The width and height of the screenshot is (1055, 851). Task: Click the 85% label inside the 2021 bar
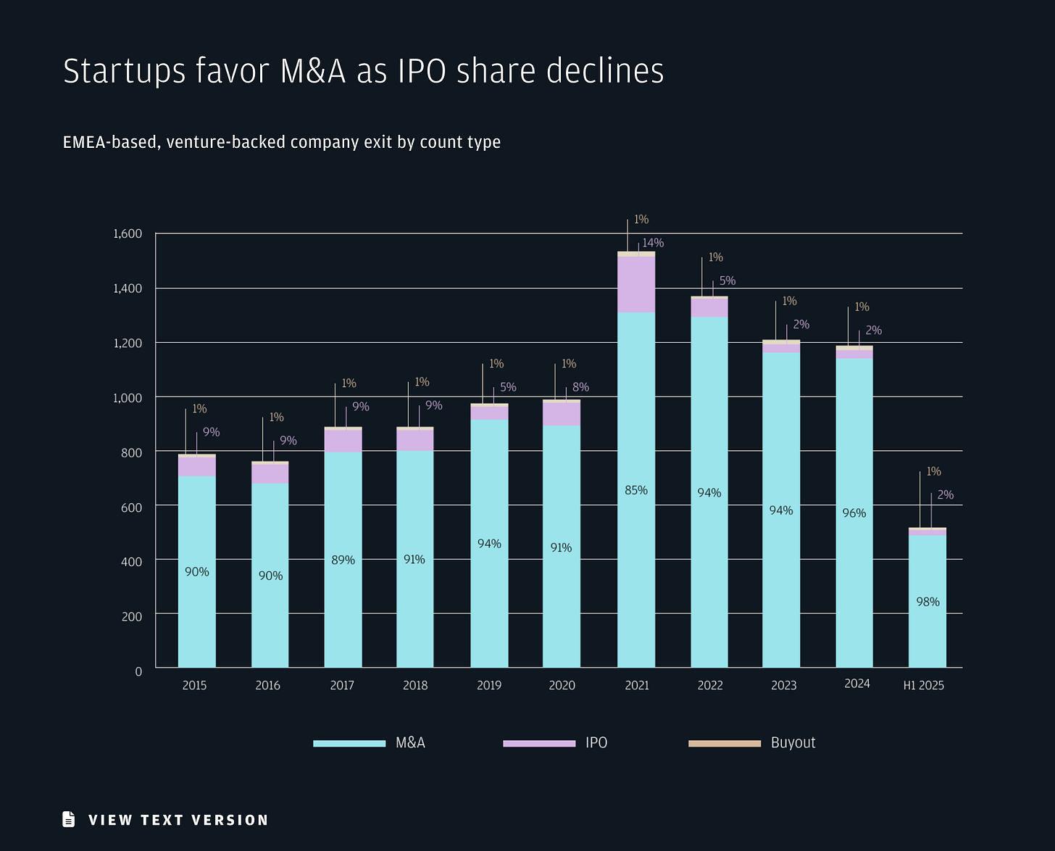tap(635, 491)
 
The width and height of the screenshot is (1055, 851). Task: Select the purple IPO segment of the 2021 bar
tap(635, 284)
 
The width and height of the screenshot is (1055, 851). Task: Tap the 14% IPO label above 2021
tap(653, 243)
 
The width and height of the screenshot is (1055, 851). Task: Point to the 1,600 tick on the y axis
tap(128, 233)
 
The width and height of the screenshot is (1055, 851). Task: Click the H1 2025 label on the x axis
tap(923, 686)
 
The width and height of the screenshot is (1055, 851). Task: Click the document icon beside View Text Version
tap(69, 819)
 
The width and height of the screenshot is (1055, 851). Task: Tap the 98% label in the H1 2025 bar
tap(927, 602)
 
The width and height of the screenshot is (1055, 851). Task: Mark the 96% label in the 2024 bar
tap(854, 513)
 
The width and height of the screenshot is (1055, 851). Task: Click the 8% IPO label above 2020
tap(580, 387)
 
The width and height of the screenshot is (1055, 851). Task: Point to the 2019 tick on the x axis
tap(489, 686)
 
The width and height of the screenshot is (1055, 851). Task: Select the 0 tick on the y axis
tap(138, 671)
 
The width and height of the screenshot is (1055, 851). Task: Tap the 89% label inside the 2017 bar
tap(343, 560)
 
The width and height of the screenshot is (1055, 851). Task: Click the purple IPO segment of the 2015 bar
tap(196, 466)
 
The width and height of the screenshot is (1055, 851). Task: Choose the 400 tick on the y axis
tap(132, 561)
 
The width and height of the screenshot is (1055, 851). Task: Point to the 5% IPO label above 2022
tap(727, 281)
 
